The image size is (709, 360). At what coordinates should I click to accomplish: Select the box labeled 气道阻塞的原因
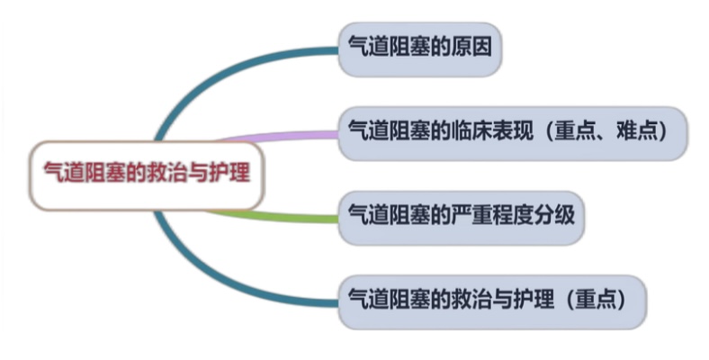click(x=419, y=47)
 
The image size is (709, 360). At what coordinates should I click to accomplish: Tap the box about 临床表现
click(x=513, y=132)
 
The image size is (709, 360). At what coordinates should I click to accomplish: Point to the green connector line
click(x=279, y=216)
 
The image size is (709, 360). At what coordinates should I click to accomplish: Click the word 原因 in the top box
click(x=474, y=47)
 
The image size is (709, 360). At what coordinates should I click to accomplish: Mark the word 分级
click(x=555, y=216)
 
